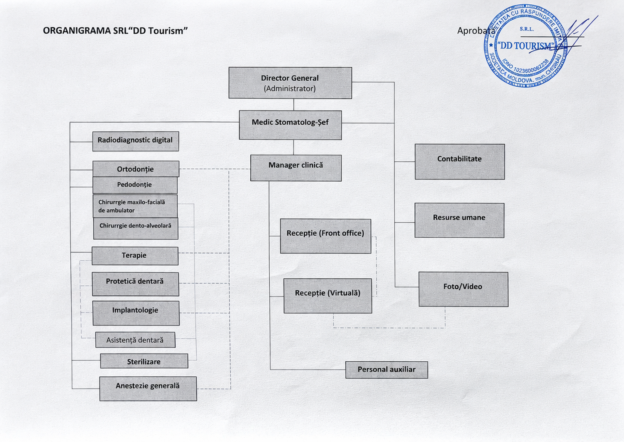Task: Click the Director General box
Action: (x=290, y=83)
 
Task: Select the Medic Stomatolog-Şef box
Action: (x=290, y=125)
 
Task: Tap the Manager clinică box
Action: (x=296, y=168)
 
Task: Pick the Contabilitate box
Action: (x=460, y=161)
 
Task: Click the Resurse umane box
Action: (x=459, y=220)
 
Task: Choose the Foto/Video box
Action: (x=463, y=289)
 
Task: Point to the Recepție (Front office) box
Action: (x=325, y=236)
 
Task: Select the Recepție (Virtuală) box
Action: (x=328, y=296)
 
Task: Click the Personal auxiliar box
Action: (x=387, y=370)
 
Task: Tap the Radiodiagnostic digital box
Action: (x=136, y=141)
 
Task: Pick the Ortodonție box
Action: (x=136, y=169)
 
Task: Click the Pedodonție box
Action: (x=135, y=185)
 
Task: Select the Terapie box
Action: (x=135, y=256)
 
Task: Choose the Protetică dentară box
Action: (x=135, y=284)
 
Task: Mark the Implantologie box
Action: (x=136, y=313)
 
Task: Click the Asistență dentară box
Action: (x=135, y=340)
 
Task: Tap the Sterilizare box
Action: (x=144, y=361)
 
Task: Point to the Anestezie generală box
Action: (x=148, y=388)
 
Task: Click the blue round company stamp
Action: (x=526, y=46)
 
